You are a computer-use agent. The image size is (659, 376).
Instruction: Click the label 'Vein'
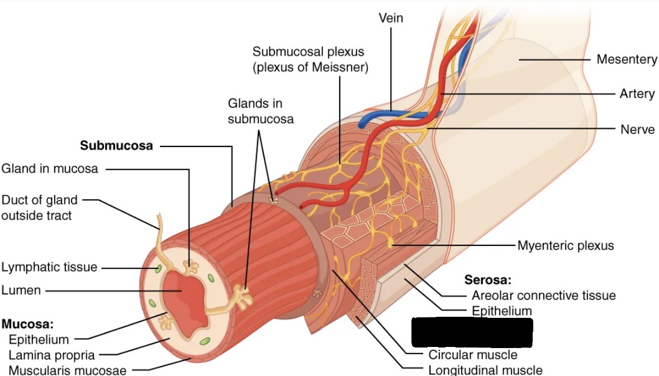(x=391, y=18)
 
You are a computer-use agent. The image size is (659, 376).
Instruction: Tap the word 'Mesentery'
(x=627, y=59)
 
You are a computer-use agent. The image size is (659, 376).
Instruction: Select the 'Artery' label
(x=637, y=93)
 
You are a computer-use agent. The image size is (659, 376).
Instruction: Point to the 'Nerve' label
(x=637, y=129)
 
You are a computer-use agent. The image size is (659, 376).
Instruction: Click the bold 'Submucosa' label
(x=116, y=146)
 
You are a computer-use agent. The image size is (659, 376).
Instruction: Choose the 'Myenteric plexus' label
(x=565, y=245)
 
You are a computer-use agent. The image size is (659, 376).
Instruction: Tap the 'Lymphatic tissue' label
(x=49, y=268)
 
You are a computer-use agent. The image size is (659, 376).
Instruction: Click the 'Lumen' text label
(x=21, y=290)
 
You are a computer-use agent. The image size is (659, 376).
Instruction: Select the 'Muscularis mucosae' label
(x=67, y=370)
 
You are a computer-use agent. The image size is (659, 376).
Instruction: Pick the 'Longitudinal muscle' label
(x=485, y=370)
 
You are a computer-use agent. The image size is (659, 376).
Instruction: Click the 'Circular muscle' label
(x=473, y=355)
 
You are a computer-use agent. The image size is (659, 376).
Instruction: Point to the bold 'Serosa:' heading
(x=488, y=280)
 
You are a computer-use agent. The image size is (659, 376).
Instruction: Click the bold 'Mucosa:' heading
(x=27, y=324)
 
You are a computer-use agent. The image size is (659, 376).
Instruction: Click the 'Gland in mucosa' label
(x=49, y=169)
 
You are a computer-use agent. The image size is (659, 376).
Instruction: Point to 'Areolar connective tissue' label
(x=543, y=296)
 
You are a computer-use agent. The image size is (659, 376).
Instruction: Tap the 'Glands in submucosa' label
(x=260, y=111)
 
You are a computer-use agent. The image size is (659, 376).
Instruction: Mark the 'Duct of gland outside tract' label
(x=39, y=207)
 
